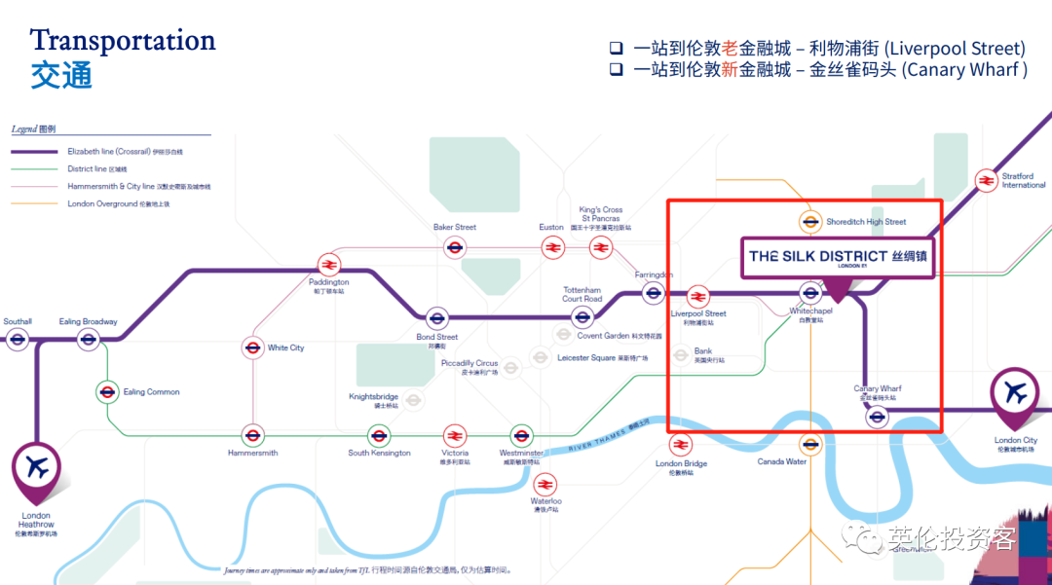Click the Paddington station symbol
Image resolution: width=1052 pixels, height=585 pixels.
coord(329,264)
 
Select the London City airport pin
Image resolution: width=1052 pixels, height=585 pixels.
coord(1015,395)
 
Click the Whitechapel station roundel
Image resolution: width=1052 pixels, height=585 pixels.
coord(810,292)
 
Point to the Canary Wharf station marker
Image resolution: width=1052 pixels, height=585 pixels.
coord(878,417)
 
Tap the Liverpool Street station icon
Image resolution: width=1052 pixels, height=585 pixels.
coord(697,296)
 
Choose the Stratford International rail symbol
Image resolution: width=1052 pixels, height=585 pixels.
coord(986,180)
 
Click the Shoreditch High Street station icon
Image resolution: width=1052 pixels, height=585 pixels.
coord(809,222)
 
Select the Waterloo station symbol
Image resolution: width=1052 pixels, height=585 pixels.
coord(545,483)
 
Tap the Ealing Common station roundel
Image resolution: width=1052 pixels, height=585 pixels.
coord(108,392)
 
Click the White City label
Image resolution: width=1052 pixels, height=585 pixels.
coord(285,347)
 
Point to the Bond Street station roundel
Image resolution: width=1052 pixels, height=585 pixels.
coord(437,317)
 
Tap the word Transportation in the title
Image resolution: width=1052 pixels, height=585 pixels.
coord(123,41)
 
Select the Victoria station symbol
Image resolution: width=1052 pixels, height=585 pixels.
coord(455,435)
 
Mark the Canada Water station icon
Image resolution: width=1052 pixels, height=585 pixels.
coord(810,444)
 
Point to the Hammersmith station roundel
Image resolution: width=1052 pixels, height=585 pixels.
coord(253,435)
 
